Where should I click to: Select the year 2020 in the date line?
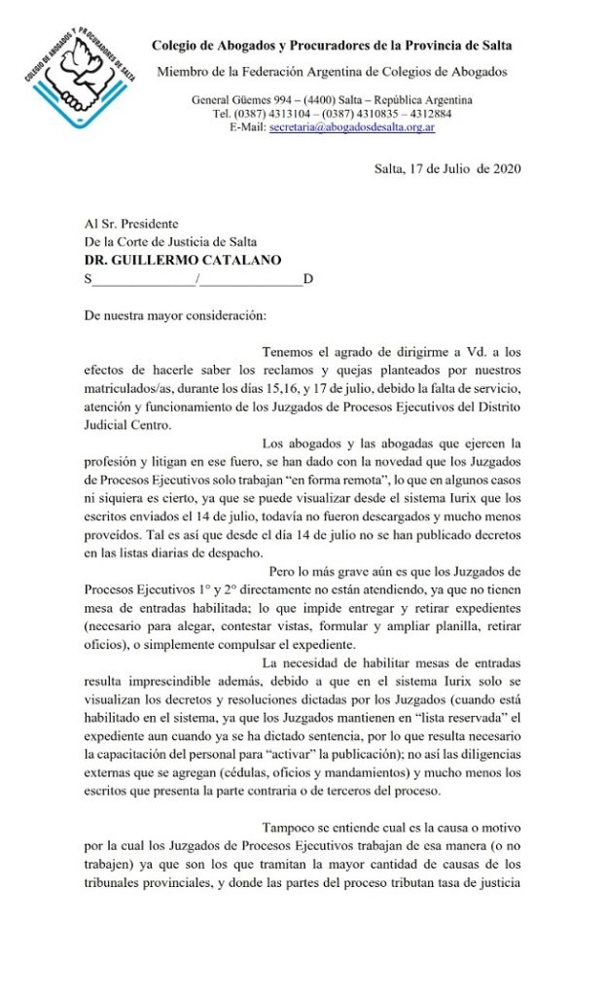coord(502,168)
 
